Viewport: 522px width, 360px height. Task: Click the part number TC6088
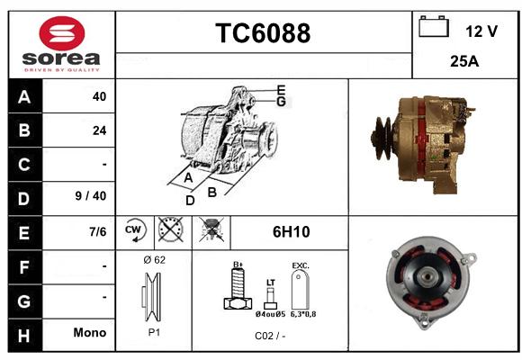[263, 33]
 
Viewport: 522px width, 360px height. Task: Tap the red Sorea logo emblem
[62, 33]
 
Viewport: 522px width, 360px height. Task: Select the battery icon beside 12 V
[434, 26]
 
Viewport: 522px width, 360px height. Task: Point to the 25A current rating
[464, 61]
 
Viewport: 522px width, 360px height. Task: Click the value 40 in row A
[99, 96]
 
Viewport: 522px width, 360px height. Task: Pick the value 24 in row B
[99, 130]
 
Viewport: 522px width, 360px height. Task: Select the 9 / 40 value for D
[91, 196]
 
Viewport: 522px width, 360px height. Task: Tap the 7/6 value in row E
[97, 232]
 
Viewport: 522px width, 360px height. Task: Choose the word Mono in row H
[90, 332]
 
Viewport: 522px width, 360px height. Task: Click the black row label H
[24, 336]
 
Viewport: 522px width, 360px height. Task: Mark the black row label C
[24, 165]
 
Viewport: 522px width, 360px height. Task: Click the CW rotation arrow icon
[135, 229]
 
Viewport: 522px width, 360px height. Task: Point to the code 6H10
[291, 232]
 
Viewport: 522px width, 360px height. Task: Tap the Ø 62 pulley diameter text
[154, 260]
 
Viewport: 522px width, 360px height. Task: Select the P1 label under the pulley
[154, 332]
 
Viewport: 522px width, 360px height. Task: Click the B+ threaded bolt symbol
[238, 286]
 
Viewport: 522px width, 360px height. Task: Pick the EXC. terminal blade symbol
[301, 289]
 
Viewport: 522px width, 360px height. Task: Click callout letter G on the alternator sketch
[281, 102]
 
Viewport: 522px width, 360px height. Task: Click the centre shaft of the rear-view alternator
[427, 276]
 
